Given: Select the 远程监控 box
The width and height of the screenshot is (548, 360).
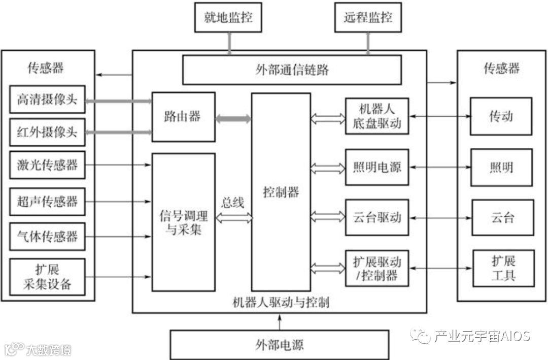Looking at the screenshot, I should coord(368,17).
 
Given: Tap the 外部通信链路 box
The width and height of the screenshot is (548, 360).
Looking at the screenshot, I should coord(292,70).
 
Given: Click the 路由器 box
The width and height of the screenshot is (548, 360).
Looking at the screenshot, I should coord(183,117).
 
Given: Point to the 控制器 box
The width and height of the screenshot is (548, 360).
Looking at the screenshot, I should coord(281,192).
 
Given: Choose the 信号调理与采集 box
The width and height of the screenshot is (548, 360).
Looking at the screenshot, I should coord(183,222).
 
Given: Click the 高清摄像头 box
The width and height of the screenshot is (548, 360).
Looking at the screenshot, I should coord(47,100).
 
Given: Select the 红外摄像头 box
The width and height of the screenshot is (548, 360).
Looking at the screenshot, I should coord(47,133).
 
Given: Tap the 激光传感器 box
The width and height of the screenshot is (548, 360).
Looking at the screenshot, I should coord(47,165).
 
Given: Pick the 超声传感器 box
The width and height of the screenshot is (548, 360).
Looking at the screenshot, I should coord(47,202).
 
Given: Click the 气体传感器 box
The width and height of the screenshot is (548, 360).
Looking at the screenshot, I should coord(47,236).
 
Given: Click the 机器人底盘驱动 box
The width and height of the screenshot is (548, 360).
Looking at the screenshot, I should coord(377,116).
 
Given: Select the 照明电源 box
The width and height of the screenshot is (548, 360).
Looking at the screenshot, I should coord(377,167).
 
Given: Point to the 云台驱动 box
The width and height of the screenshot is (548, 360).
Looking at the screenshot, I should coord(377,217).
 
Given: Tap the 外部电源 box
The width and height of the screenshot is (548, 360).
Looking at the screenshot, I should coord(279,345).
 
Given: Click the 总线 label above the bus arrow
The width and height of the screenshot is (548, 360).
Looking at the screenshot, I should coord(233,203).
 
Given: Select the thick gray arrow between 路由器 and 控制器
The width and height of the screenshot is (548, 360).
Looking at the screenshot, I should coord(233,119).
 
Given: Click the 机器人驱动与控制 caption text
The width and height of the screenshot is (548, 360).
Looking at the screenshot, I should coord(281,303).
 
